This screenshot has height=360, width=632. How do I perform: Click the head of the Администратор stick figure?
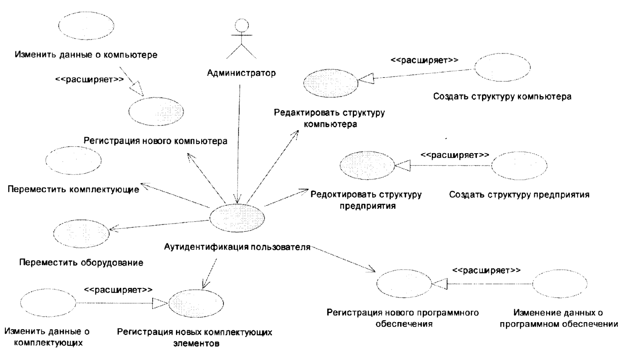[x=241, y=26]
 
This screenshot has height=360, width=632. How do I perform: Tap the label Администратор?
[x=241, y=73]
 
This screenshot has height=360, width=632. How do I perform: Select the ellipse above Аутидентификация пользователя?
[x=237, y=218]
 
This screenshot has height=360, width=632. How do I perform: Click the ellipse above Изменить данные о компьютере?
[x=86, y=25]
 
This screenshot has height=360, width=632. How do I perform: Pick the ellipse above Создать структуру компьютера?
[x=502, y=67]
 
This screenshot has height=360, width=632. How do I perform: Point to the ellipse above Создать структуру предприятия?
[x=519, y=165]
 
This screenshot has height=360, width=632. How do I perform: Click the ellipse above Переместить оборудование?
[x=81, y=233]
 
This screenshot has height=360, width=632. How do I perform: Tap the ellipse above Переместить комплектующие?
[x=74, y=160]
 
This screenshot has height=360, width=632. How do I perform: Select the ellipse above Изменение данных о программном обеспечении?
[x=560, y=284]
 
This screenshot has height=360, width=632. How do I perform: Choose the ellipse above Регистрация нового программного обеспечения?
[x=404, y=284]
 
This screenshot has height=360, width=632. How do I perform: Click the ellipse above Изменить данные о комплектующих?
[x=48, y=303]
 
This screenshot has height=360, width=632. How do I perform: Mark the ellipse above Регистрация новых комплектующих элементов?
[x=196, y=303]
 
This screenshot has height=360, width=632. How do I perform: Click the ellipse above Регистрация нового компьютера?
[x=156, y=111]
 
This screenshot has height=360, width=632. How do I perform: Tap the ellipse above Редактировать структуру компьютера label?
[x=331, y=83]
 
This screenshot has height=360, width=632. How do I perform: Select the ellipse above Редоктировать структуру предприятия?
[x=367, y=165]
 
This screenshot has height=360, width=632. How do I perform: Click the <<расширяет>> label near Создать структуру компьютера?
[x=424, y=60]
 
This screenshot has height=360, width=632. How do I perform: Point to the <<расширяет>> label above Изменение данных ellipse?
[x=486, y=270]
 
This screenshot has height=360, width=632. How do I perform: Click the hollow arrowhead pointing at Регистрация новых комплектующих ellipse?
[x=160, y=303]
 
